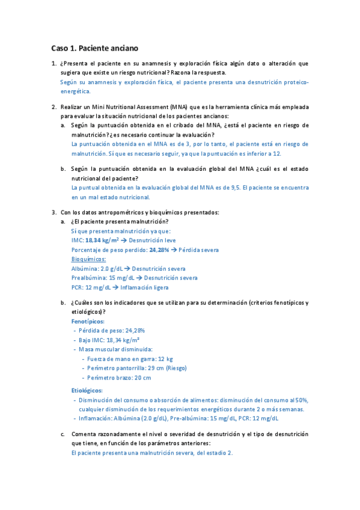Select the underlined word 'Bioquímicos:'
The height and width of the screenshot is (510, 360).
[x=88, y=259]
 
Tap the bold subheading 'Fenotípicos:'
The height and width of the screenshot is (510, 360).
[x=87, y=322]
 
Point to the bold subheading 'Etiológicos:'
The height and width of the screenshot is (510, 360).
[x=87, y=390]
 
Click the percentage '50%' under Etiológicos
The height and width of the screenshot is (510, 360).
[x=301, y=400]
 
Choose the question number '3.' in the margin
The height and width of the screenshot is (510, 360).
[x=54, y=212]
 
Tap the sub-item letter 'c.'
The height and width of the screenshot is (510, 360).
[x=63, y=434]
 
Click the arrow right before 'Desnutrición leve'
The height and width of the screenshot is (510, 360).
[x=123, y=240]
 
